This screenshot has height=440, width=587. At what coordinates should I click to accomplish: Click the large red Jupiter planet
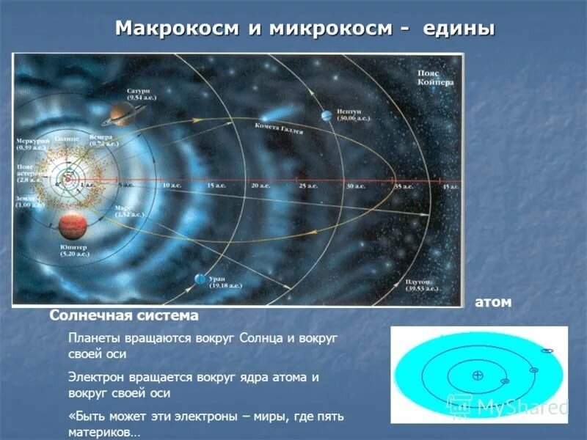click(73, 227)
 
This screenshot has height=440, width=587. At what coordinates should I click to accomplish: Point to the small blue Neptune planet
click(324, 116)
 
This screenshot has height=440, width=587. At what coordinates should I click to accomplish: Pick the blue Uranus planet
click(200, 279)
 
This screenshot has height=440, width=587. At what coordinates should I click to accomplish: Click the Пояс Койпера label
click(435, 78)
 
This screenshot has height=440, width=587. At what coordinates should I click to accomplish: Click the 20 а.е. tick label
click(260, 186)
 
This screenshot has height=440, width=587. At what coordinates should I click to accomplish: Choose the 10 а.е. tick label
click(171, 186)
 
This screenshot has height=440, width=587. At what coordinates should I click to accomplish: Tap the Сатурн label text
click(137, 91)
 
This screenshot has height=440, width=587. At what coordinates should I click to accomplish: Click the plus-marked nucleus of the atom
click(478, 375)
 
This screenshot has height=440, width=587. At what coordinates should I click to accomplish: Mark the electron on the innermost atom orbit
click(505, 381)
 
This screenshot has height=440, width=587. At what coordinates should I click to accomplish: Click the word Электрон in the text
click(97, 377)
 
